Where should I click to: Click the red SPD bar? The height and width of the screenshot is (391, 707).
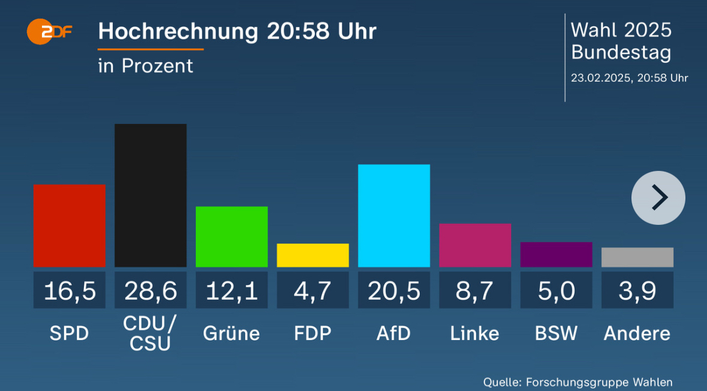pyautogui.click(x=70, y=225)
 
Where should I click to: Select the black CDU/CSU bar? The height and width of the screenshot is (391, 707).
pyautogui.click(x=151, y=195)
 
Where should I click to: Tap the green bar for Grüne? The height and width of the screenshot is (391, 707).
pyautogui.click(x=231, y=236)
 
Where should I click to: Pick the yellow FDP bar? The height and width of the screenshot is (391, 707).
pyautogui.click(x=312, y=255)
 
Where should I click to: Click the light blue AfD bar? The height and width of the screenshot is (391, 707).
pyautogui.click(x=394, y=215)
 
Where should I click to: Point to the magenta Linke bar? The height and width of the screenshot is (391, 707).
pyautogui.click(x=475, y=245)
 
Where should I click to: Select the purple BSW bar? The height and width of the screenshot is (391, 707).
pyautogui.click(x=556, y=254)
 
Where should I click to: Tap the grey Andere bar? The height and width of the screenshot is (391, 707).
pyautogui.click(x=637, y=257)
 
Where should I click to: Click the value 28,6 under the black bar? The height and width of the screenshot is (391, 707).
pyautogui.click(x=151, y=291)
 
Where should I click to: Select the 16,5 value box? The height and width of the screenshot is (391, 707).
pyautogui.click(x=70, y=291)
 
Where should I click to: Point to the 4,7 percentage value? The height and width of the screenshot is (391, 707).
pyautogui.click(x=312, y=291)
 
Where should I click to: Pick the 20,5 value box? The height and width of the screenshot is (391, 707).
pyautogui.click(x=394, y=291)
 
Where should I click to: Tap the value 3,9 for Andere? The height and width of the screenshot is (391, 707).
pyautogui.click(x=637, y=291)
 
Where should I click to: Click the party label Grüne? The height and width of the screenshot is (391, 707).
pyautogui.click(x=231, y=333)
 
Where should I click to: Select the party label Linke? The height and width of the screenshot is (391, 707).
pyautogui.click(x=475, y=333)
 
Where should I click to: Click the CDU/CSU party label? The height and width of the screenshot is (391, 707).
pyautogui.click(x=151, y=333)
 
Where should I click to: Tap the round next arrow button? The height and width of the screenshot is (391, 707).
pyautogui.click(x=658, y=198)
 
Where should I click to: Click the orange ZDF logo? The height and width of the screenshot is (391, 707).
pyautogui.click(x=49, y=32)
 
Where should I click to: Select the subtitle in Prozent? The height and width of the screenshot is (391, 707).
pyautogui.click(x=146, y=66)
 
